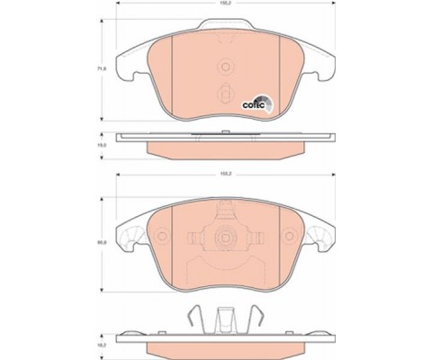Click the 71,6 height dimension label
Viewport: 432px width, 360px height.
(102, 68)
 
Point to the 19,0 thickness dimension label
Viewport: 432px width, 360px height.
(102, 143)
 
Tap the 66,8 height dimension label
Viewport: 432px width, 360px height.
(102, 242)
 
